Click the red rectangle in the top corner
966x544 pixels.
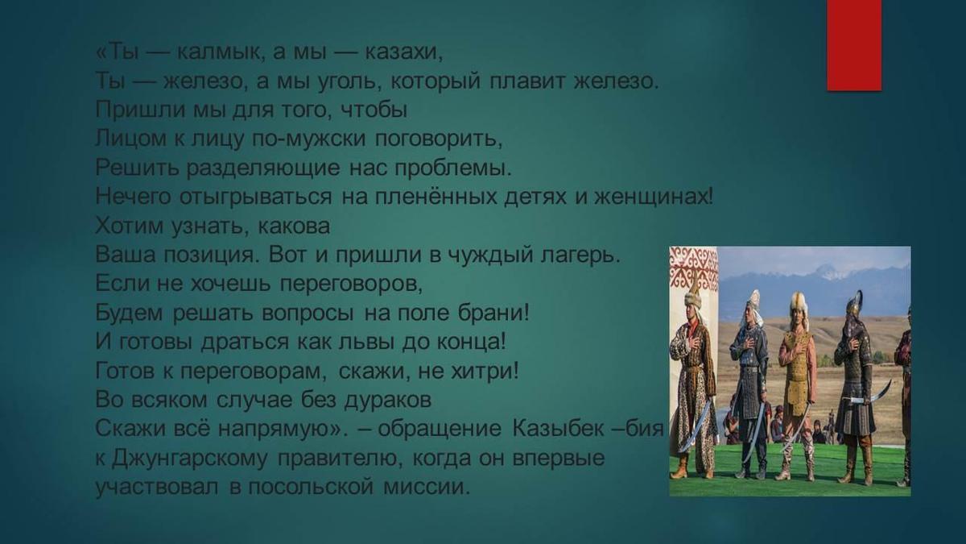[x=854, y=45]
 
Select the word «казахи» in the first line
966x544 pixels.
[x=403, y=53]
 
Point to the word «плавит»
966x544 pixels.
[x=526, y=81]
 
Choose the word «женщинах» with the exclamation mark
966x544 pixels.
[x=654, y=197]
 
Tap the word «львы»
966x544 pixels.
[x=366, y=342]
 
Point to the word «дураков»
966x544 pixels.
[x=388, y=401]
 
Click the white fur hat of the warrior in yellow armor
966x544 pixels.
[x=799, y=303]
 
